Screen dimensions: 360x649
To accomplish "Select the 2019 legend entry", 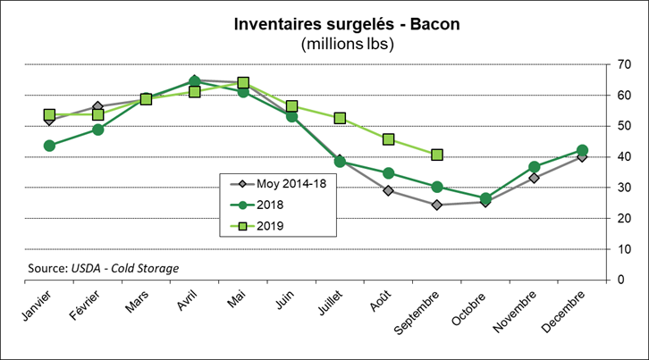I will point(269,225).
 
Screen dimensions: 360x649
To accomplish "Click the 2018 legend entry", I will point(269,205).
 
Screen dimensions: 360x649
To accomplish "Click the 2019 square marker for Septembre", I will point(437,155).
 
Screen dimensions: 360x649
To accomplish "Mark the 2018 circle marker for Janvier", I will point(49,146).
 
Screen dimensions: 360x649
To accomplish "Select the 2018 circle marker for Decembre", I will point(582,150).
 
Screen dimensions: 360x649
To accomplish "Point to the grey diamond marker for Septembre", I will point(437,205).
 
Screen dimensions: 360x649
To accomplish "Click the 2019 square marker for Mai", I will point(243,83).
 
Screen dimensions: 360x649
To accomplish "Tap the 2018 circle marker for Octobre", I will point(485,198).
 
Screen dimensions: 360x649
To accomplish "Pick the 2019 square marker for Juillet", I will point(340,118).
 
